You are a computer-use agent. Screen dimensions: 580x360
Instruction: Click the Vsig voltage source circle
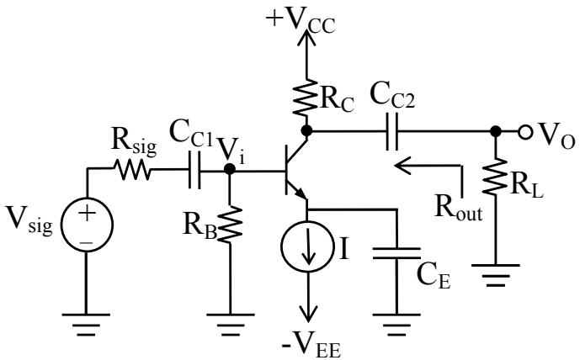(x=87, y=199)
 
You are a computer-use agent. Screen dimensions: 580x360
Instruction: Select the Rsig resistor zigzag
(x=132, y=170)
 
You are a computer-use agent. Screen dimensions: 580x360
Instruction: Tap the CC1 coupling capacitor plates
(x=194, y=170)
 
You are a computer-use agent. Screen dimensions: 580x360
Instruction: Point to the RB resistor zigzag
(x=230, y=225)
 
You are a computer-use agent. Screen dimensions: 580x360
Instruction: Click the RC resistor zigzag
(x=306, y=97)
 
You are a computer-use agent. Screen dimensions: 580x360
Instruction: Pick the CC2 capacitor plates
(x=392, y=131)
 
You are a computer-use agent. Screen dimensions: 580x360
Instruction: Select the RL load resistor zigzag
(x=495, y=177)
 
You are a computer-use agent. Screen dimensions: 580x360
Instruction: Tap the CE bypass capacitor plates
(x=396, y=253)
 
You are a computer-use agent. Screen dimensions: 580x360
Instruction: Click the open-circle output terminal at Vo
(x=525, y=131)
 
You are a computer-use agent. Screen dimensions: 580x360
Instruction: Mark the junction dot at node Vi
(x=230, y=169)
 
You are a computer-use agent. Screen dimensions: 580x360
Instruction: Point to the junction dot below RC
(x=306, y=130)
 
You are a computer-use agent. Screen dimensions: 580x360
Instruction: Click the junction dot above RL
(x=495, y=131)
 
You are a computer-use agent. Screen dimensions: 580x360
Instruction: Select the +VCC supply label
(x=301, y=21)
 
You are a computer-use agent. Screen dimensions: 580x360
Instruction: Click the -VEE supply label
(x=311, y=347)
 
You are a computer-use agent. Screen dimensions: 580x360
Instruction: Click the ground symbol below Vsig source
(x=86, y=325)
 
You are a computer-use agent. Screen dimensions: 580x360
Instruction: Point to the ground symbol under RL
(x=495, y=275)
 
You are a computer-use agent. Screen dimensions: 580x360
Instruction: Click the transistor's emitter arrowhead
(x=301, y=193)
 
